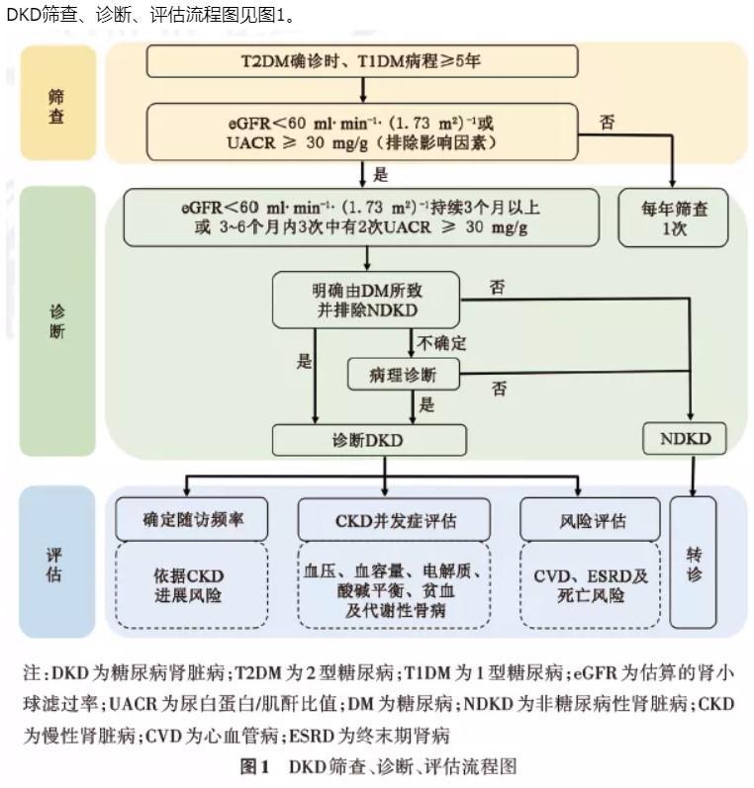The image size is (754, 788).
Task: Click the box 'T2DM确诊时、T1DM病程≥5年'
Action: pyautogui.click(x=362, y=61)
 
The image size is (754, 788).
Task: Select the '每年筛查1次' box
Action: pyautogui.click(x=674, y=218)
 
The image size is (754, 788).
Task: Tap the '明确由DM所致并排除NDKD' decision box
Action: pyautogui.click(x=366, y=300)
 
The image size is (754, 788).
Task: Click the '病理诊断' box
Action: pyautogui.click(x=404, y=375)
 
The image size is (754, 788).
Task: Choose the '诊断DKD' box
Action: pyautogui.click(x=369, y=440)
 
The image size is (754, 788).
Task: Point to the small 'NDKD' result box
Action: pyautogui.click(x=685, y=439)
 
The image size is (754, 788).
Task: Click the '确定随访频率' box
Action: pyautogui.click(x=192, y=519)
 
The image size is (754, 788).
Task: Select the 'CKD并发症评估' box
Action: pyautogui.click(x=395, y=520)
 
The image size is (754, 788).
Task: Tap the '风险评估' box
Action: pyautogui.click(x=591, y=520)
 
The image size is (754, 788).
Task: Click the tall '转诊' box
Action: pyautogui.click(x=693, y=563)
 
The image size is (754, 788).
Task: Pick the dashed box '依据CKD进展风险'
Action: pyautogui.click(x=192, y=585)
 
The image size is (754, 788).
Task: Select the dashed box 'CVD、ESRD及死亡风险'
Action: pyautogui.click(x=591, y=585)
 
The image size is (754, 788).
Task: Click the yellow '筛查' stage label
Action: pyautogui.click(x=57, y=103)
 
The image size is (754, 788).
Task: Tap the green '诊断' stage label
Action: pyautogui.click(x=57, y=321)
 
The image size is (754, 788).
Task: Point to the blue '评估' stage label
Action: pyautogui.click(x=56, y=562)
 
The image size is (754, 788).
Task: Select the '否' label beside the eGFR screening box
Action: pyautogui.click(x=608, y=123)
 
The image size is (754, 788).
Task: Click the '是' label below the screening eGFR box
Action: pyautogui.click(x=381, y=174)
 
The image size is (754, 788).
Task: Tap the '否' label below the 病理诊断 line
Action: pyautogui.click(x=499, y=388)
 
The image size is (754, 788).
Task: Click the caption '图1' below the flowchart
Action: pyautogui.click(x=255, y=767)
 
